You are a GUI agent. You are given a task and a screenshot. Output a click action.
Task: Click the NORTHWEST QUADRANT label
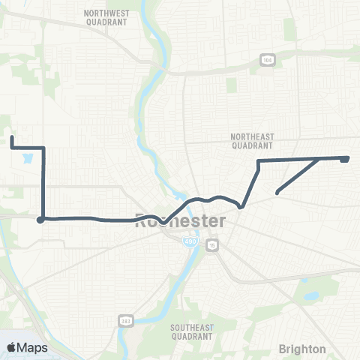[106, 18]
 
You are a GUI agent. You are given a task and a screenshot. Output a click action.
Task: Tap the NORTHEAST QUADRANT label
[253, 142]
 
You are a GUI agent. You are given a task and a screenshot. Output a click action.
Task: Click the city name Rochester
[180, 221]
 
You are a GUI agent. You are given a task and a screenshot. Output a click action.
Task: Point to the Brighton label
[302, 349]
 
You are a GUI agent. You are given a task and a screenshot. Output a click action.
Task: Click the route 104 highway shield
[266, 59]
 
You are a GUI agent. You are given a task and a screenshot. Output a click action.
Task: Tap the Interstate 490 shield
[187, 241]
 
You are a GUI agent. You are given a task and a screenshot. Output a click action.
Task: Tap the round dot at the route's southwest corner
[40, 220]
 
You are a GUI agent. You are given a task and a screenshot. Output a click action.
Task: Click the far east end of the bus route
[346, 158]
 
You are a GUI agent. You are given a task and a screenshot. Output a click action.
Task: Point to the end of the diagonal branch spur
[277, 193]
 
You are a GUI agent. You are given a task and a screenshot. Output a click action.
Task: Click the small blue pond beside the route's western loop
[28, 159]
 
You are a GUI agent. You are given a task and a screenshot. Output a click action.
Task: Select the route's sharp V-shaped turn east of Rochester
[241, 207]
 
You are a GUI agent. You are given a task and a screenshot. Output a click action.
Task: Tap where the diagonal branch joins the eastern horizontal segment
[321, 159]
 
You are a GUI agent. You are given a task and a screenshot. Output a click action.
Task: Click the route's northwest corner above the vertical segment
[43, 148]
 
